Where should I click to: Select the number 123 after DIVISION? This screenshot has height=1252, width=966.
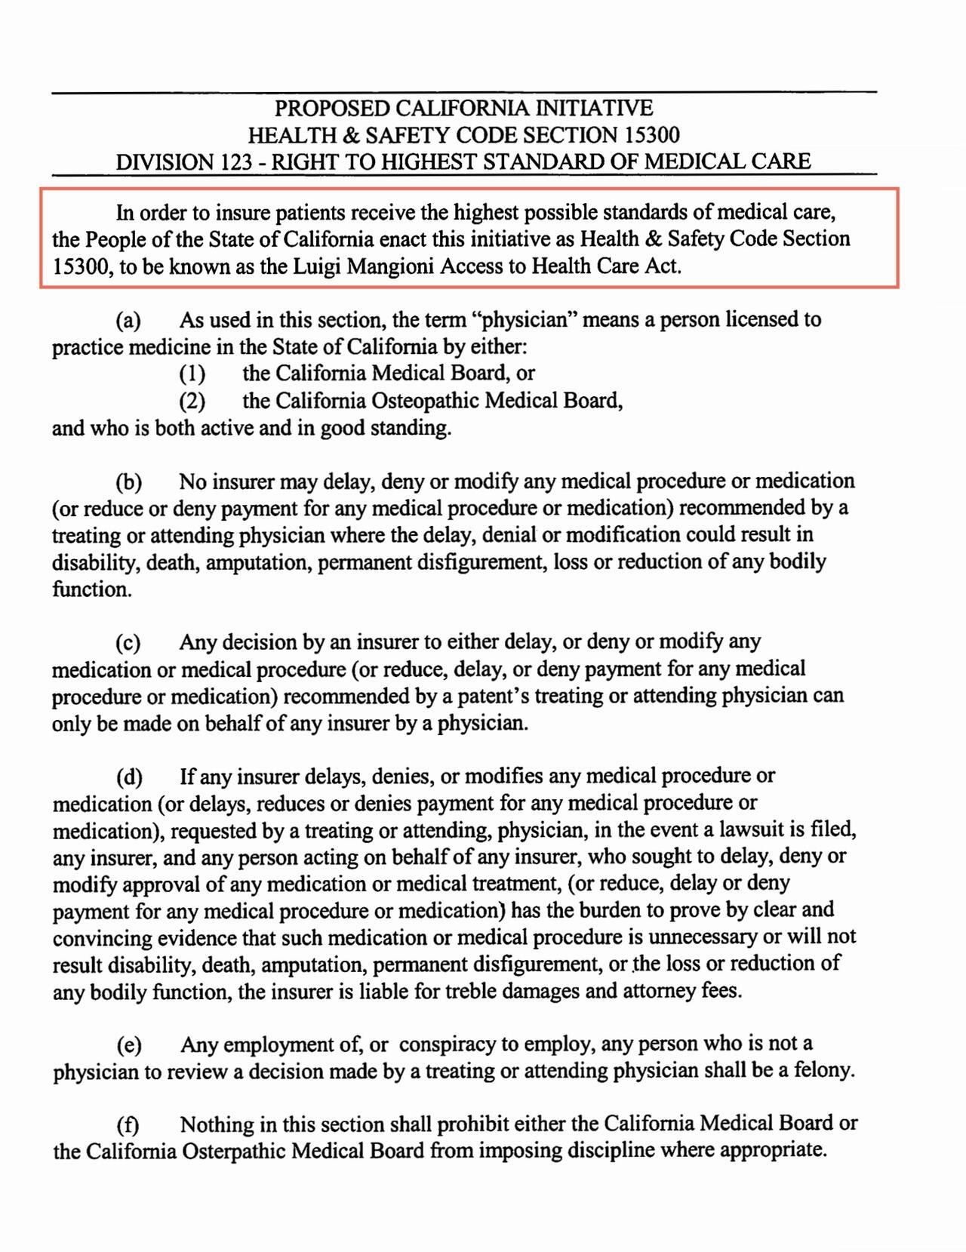coord(234,162)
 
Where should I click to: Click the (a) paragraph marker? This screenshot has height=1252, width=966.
coord(128,320)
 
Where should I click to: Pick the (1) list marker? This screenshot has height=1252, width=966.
coord(192,374)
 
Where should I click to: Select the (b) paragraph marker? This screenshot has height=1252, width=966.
coord(128,481)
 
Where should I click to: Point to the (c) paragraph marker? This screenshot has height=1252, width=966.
coord(128,643)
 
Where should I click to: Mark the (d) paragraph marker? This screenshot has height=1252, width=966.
coord(129,777)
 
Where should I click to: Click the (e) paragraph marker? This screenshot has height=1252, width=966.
coord(129,1045)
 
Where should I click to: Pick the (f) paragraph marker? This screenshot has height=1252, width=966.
coord(128,1125)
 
